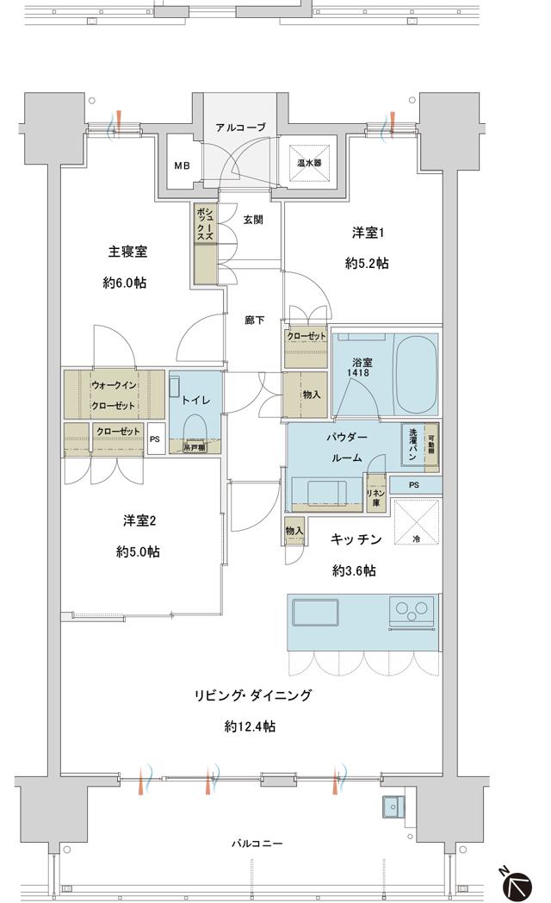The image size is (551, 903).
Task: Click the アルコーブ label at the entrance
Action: point(240,128)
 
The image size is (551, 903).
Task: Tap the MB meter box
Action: point(183,166)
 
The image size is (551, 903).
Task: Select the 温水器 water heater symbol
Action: point(310,161)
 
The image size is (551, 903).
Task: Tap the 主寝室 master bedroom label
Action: point(127,252)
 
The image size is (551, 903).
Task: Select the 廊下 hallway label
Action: point(254,321)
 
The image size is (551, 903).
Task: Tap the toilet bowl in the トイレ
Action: point(195,427)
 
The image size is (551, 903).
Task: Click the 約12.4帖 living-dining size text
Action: point(251,726)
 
